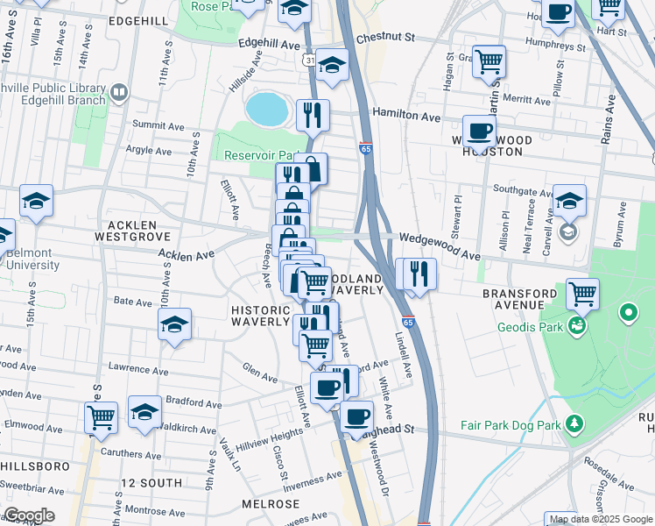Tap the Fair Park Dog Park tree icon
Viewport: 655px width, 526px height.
(574, 424)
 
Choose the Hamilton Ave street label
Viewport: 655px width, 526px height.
(406, 116)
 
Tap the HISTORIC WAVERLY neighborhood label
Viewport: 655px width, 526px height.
(260, 316)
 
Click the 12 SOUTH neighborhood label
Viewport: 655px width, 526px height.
(152, 483)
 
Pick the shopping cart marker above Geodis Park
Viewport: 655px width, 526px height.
(582, 294)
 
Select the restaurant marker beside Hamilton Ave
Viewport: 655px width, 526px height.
(312, 113)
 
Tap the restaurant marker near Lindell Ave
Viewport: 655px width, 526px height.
(419, 273)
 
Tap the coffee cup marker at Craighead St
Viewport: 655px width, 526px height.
(356, 416)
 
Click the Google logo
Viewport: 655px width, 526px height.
(29, 515)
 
